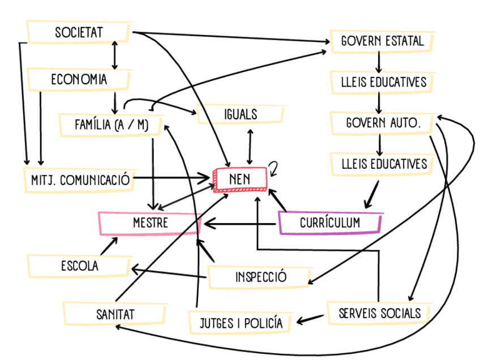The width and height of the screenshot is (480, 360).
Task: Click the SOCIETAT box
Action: pos(79,33)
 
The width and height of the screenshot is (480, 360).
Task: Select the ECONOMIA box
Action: pos(79,79)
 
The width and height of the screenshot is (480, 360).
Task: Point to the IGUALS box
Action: pos(240,114)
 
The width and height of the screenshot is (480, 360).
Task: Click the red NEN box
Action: pos(240,179)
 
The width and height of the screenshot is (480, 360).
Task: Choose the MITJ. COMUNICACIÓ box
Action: pos(78,180)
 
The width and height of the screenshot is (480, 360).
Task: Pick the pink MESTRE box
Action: pos(150,224)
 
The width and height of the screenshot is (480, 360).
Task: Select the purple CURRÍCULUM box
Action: pos(331,223)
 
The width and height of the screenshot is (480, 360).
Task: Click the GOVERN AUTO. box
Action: pos(383,122)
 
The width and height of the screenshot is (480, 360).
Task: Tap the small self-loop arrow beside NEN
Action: pos(274,168)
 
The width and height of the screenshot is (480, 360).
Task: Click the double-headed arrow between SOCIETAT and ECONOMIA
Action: pos(115,55)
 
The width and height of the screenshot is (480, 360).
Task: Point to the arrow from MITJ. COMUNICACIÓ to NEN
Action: pos(173,179)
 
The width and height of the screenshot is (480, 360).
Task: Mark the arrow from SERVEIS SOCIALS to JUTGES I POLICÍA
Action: pos(312,320)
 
